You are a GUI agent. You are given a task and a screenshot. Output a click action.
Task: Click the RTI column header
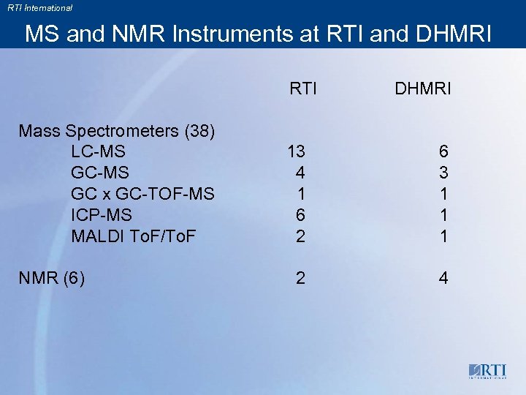[303, 89]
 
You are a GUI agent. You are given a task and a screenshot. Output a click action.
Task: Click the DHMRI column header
[423, 89]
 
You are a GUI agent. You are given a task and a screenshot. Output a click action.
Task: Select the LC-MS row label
[98, 152]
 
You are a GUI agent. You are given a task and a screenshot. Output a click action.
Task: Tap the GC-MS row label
[100, 173]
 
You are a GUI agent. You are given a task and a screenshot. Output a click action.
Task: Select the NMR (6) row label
[51, 278]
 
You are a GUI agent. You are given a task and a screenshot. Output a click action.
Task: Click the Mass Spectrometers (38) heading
[116, 132]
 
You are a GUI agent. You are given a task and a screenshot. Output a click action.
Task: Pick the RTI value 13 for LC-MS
[297, 152]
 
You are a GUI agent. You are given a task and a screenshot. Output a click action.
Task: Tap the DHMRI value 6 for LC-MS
[444, 152]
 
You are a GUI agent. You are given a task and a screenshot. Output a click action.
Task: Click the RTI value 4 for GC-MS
[300, 173]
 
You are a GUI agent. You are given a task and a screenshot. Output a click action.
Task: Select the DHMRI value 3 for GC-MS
[444, 173]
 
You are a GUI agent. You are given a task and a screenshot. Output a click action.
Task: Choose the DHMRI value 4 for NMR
[444, 279]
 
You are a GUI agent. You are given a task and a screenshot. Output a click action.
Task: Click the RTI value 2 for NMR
[300, 279]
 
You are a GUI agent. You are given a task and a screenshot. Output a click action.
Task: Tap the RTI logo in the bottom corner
[489, 370]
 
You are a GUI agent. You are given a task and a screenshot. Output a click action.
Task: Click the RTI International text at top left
[40, 8]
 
